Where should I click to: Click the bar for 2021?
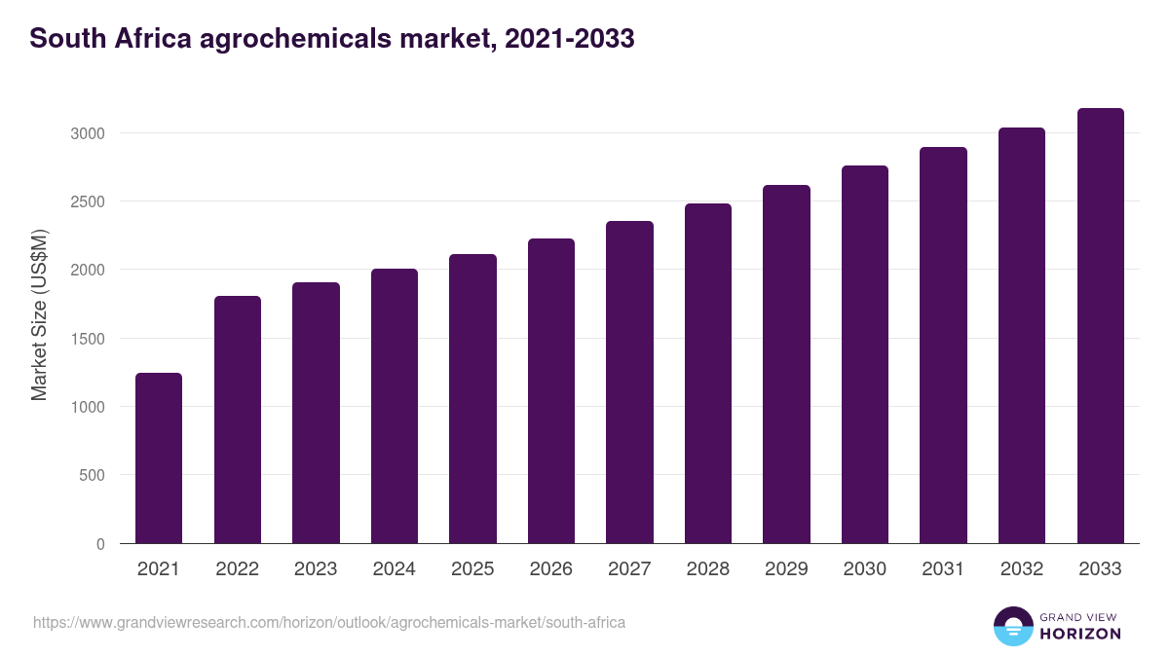159,457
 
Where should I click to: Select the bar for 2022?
238,420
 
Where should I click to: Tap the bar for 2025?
472,398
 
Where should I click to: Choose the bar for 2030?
865,354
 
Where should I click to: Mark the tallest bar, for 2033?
1101,325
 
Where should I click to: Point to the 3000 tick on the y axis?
86,133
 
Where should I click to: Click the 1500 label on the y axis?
86,339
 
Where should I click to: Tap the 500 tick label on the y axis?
91,476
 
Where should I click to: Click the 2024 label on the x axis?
394,569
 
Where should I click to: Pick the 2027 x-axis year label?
629,569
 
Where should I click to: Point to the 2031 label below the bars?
943,569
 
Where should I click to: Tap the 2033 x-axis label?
1101,569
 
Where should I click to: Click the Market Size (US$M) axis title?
39,315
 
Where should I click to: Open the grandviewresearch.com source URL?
329,622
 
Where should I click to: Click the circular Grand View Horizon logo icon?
1012,626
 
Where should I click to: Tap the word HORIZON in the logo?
1080,634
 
